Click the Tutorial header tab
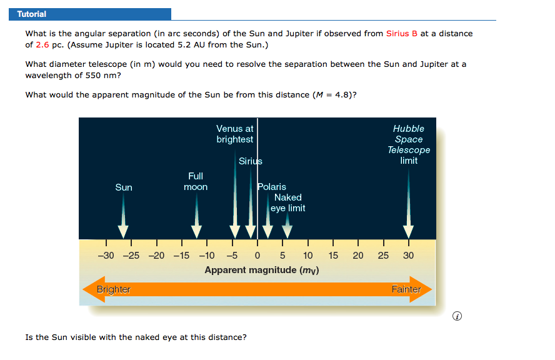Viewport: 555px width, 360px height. pyautogui.click(x=90, y=14)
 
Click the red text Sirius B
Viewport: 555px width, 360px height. pyautogui.click(x=402, y=34)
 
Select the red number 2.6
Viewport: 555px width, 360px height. pyautogui.click(x=42, y=45)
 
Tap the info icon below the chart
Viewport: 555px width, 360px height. pyautogui.click(x=457, y=316)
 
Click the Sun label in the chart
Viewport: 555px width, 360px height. pyautogui.click(x=124, y=187)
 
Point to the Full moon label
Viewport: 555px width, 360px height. pyautogui.click(x=196, y=182)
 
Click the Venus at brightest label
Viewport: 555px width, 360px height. pyautogui.click(x=235, y=134)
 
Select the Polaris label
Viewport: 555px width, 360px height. pyautogui.click(x=272, y=186)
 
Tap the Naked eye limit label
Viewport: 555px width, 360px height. pyautogui.click(x=287, y=202)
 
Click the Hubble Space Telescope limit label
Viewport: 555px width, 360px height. pyautogui.click(x=409, y=144)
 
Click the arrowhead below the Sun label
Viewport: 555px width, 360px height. pyautogui.click(x=123, y=231)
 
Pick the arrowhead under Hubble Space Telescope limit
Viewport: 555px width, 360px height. pyautogui.click(x=409, y=232)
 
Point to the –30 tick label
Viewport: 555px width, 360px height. pyautogui.click(x=106, y=256)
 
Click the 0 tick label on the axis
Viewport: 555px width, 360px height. pyautogui.click(x=257, y=256)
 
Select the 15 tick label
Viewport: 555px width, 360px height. pyautogui.click(x=333, y=256)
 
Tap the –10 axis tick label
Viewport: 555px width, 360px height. pyautogui.click(x=207, y=256)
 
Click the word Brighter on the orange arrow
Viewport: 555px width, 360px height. pyautogui.click(x=114, y=289)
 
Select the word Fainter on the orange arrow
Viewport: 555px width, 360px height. pyautogui.click(x=406, y=289)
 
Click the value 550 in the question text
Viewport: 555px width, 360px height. pyautogui.click(x=93, y=76)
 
